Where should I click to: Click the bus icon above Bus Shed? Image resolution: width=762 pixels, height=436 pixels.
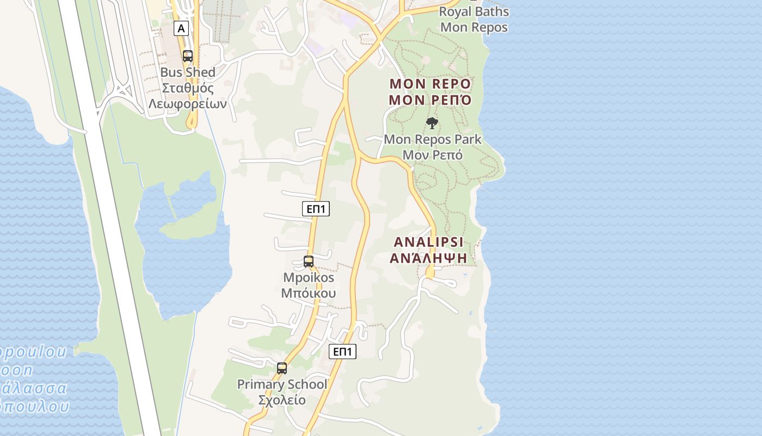188,56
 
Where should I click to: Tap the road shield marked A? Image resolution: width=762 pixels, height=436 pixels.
181,28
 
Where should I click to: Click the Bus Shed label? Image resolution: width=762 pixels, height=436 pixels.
188,72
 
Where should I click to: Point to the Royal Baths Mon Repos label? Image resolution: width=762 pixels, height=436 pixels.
474,19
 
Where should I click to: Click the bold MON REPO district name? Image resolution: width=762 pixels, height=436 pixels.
430,84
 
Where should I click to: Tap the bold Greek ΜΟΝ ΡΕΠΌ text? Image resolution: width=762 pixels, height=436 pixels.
430,100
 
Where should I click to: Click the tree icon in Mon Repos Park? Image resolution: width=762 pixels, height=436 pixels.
432,123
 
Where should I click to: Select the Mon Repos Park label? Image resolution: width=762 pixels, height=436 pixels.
433,139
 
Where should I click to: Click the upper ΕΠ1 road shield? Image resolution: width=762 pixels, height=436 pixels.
316,208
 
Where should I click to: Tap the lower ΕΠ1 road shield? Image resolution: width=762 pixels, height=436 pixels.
343,352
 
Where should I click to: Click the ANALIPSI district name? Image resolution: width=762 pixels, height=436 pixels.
428,242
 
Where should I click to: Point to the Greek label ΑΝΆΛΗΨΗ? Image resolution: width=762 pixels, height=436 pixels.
428,258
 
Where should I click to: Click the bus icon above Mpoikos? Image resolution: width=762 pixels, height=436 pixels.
309,262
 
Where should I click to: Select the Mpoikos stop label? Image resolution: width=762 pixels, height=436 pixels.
309,277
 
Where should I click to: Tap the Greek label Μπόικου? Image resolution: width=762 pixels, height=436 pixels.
309,293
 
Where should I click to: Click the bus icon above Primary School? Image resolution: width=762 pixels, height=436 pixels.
282,368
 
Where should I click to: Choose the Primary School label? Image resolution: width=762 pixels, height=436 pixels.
282,384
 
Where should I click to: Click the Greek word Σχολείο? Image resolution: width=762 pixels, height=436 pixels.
282,400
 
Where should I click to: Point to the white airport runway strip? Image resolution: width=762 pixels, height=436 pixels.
109,218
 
